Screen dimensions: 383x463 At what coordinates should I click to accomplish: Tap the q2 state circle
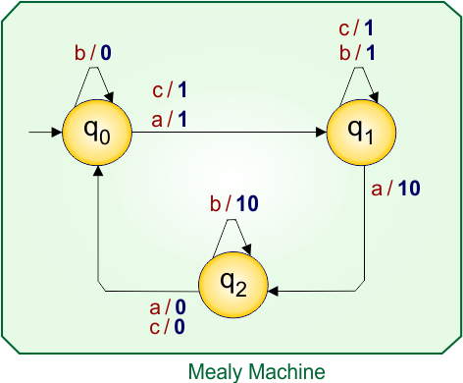(x=231, y=286)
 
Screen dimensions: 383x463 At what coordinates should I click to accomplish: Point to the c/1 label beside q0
(x=169, y=91)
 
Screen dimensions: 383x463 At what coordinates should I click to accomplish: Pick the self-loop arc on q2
(x=231, y=228)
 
